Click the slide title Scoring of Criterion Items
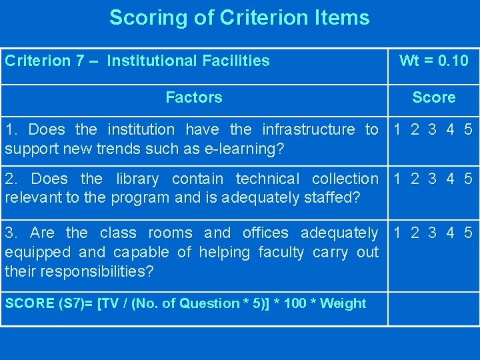point(239,17)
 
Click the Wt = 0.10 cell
point(433,61)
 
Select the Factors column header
point(193,97)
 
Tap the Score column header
point(433,97)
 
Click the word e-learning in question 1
point(248,149)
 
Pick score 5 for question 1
point(468,129)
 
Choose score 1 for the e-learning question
point(398,129)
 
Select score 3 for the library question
point(433,179)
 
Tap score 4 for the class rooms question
point(451,233)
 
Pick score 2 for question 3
point(415,233)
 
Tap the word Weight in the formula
point(343,303)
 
